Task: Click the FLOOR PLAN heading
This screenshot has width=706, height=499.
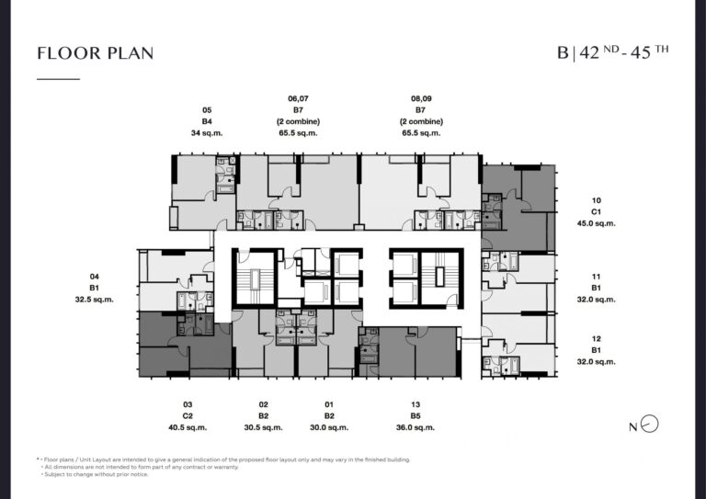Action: coord(95,53)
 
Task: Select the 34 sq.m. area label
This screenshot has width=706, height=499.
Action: coord(207,133)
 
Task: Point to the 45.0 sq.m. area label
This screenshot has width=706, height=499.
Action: coord(596,223)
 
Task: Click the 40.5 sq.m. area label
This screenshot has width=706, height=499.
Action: coord(188,428)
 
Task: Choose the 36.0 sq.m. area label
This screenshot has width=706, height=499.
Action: coord(416,428)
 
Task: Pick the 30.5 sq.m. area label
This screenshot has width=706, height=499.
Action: coord(264,428)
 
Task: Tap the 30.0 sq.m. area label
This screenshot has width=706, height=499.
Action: coord(329,428)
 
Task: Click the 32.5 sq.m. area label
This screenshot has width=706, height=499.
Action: coord(94,300)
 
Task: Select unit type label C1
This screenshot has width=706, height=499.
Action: coord(596,212)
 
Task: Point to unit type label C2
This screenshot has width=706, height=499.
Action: coord(188,416)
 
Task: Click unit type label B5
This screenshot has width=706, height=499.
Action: coord(416,416)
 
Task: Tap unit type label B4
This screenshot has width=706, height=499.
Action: coord(207,121)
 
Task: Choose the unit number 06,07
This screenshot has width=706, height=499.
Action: coord(298,98)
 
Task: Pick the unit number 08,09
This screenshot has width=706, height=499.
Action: coord(421,98)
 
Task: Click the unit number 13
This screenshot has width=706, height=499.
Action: coord(416,405)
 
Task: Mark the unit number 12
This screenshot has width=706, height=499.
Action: coord(596,339)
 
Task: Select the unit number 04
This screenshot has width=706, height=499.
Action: coord(94,277)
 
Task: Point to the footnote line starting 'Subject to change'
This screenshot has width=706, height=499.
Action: coord(97,475)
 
